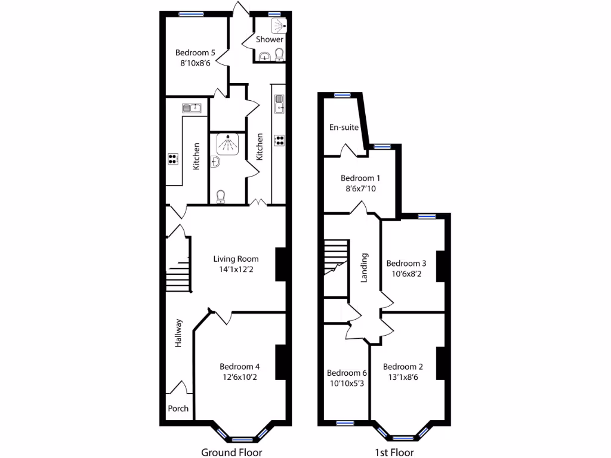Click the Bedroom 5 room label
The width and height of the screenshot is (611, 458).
point(195,52)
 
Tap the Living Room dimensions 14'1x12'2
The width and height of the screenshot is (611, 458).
point(236,269)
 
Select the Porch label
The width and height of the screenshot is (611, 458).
point(178,409)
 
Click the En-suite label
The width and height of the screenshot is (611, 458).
point(344,127)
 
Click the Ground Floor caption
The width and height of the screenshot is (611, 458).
point(232,452)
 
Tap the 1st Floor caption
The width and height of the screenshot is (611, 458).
point(394,452)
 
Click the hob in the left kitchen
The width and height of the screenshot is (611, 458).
point(173,159)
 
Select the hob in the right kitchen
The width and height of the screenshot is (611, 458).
point(279,140)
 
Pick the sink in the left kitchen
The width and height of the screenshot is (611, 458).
point(192,108)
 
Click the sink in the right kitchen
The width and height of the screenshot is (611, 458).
point(279,103)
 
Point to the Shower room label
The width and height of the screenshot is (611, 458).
point(270,39)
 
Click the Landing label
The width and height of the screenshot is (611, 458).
point(365,268)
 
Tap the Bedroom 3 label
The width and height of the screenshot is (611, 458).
point(406,264)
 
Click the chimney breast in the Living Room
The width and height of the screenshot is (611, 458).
point(279,264)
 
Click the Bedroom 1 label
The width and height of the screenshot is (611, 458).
point(360,178)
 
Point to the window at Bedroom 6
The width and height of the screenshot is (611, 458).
point(345,423)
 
